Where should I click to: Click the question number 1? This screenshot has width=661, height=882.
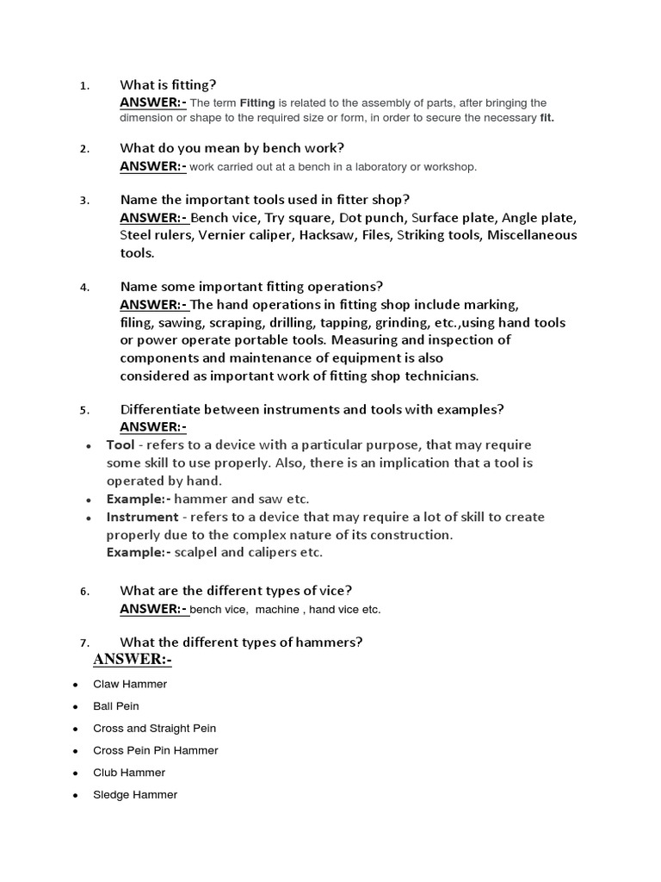83,86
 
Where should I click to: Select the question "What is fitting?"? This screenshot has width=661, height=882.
168,84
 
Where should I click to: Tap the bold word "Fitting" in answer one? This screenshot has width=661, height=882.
257,103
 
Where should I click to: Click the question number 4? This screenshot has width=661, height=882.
83,288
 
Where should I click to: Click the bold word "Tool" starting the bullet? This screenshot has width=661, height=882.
120,444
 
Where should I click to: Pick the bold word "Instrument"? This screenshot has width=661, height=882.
141,517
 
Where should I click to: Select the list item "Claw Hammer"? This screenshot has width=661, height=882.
130,684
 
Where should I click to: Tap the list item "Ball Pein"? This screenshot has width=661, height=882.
115,706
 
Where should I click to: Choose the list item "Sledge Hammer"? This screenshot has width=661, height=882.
135,795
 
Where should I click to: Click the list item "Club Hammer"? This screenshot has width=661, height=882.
129,773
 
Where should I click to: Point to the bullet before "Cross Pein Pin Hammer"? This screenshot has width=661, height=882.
75,751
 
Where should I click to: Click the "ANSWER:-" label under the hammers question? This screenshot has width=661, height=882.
133,660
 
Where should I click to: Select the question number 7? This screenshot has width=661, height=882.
83,643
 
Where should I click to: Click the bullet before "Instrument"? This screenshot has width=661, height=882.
90,519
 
